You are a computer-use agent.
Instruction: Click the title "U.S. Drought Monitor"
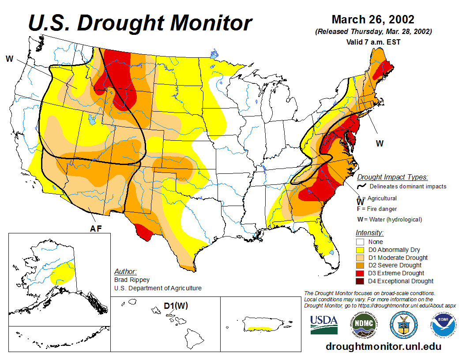[x=140, y=23]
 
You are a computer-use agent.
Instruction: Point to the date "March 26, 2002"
[x=373, y=19]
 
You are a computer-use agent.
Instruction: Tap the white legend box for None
[x=360, y=242]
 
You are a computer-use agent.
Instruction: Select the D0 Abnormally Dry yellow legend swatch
[x=360, y=250]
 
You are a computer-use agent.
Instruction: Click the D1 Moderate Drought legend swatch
[x=360, y=258]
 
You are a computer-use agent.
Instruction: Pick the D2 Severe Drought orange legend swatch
[x=360, y=265]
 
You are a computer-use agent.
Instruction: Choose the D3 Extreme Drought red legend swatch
[x=360, y=273]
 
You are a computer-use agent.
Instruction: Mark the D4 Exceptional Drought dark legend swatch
[x=360, y=281]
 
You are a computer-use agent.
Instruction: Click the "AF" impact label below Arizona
[x=96, y=228]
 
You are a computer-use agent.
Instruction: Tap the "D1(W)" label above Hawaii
[x=176, y=306]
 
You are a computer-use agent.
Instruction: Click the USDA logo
[x=324, y=324]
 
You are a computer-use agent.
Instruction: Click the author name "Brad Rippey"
[x=132, y=280]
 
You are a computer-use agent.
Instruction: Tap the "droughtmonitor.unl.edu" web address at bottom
[x=383, y=346]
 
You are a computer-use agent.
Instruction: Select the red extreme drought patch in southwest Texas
[x=144, y=231]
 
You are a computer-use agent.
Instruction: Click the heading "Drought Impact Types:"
[x=392, y=177]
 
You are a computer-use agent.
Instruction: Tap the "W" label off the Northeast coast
[x=379, y=143]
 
